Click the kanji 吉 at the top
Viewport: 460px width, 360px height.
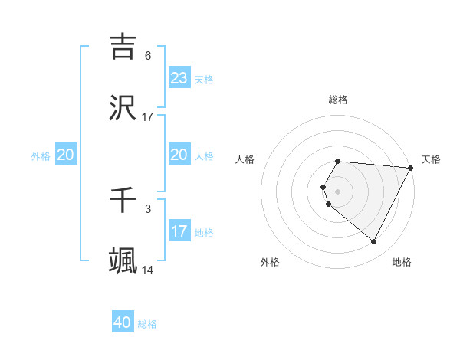[x=123, y=47]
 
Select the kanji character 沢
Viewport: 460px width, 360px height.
[x=123, y=108]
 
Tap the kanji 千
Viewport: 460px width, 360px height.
[x=123, y=200]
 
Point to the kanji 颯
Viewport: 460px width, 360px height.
[x=123, y=261]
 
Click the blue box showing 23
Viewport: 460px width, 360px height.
[x=179, y=78]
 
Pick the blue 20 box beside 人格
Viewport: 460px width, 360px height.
[x=179, y=155]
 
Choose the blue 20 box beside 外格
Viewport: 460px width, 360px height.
[x=66, y=155]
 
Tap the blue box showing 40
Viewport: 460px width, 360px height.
[x=123, y=322]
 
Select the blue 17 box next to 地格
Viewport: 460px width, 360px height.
[x=179, y=231]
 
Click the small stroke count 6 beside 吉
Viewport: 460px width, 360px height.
[x=148, y=56]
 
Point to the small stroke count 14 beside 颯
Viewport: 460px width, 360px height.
[x=148, y=270]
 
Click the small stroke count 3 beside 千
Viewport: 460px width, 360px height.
[x=148, y=208]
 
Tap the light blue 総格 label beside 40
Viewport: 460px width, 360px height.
[x=147, y=324]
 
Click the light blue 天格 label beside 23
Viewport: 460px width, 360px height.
[x=204, y=80]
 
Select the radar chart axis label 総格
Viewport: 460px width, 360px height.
[x=338, y=100]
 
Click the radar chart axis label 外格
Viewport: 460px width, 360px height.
[x=270, y=262]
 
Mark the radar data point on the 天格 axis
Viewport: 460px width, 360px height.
[x=411, y=168]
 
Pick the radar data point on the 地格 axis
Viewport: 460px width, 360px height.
[x=374, y=242]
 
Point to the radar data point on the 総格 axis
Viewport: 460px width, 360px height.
[x=338, y=161]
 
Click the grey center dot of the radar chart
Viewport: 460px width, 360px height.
[x=338, y=191]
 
